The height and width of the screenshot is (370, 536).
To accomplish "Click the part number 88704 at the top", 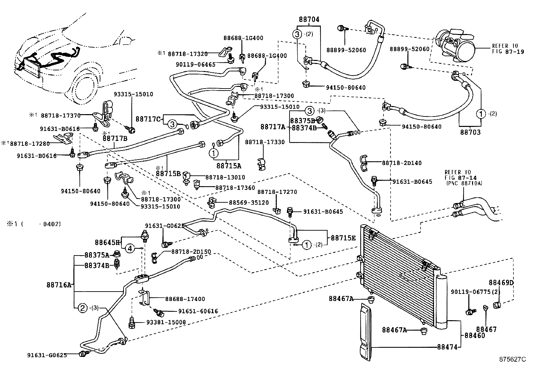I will (309, 20).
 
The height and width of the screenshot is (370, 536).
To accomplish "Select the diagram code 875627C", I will (512, 359).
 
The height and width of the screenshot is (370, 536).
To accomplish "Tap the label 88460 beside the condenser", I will (475, 335).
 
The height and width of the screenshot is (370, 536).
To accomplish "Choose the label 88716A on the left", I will (59, 285).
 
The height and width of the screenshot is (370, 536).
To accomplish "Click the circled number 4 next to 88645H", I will (131, 249).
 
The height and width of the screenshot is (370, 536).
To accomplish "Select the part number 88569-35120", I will (249, 203).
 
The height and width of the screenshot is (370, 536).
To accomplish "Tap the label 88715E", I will (343, 238).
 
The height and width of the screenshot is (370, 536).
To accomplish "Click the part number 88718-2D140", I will (402, 163).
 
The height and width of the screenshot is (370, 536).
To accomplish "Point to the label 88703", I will (470, 133).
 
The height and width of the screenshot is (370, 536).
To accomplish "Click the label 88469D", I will (501, 282).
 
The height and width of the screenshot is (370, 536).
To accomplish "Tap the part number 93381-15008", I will (166, 322).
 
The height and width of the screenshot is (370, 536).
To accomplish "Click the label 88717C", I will (148, 119).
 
